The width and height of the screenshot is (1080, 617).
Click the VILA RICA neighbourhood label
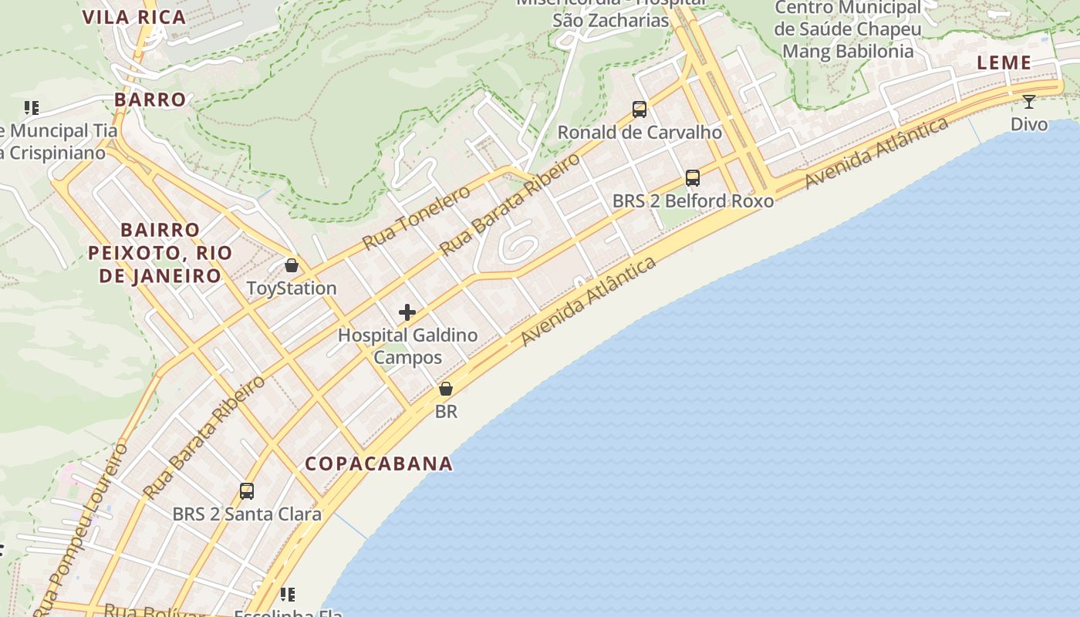(x=134, y=18)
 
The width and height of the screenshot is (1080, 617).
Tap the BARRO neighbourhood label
(x=150, y=99)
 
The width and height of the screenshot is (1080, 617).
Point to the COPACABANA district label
(x=379, y=464)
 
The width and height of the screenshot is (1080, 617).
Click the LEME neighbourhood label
(x=1004, y=63)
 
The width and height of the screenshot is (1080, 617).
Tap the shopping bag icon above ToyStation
(x=292, y=266)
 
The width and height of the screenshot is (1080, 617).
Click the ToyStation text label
(x=292, y=288)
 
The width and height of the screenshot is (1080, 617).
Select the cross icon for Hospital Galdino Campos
(x=407, y=312)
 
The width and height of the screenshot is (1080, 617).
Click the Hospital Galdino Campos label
(x=408, y=346)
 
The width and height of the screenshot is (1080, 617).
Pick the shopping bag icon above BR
(x=446, y=389)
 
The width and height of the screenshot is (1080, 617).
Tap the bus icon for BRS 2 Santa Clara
(x=247, y=491)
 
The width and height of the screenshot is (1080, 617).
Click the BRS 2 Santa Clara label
(x=247, y=514)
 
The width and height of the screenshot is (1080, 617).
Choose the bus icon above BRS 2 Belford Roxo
(x=693, y=178)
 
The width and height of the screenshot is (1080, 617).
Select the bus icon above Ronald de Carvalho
(x=640, y=110)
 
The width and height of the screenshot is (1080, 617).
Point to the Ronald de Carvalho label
(x=640, y=132)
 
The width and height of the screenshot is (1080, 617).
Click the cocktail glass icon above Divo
(x=1029, y=102)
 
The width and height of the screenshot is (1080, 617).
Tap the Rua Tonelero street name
(x=416, y=217)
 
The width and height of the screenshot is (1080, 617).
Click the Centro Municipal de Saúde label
(x=848, y=29)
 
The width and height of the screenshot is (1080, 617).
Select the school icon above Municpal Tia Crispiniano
(x=31, y=108)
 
